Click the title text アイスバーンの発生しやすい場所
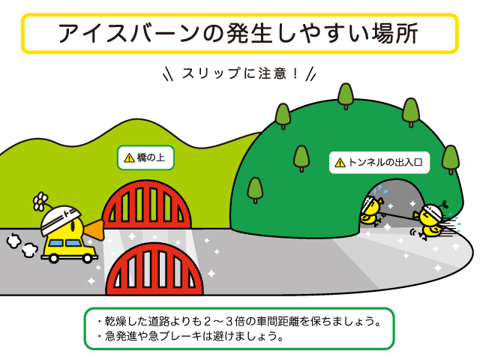(x=238, y=34)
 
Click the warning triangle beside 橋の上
(x=129, y=157)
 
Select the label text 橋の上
(x=152, y=157)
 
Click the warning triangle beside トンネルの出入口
(x=340, y=162)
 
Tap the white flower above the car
(x=40, y=201)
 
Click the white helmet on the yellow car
(x=60, y=219)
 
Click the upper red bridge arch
(x=147, y=205)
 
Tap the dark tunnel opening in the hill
(x=399, y=202)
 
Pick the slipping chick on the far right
(x=430, y=219)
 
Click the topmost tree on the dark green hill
(x=346, y=95)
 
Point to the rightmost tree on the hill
(x=450, y=159)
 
